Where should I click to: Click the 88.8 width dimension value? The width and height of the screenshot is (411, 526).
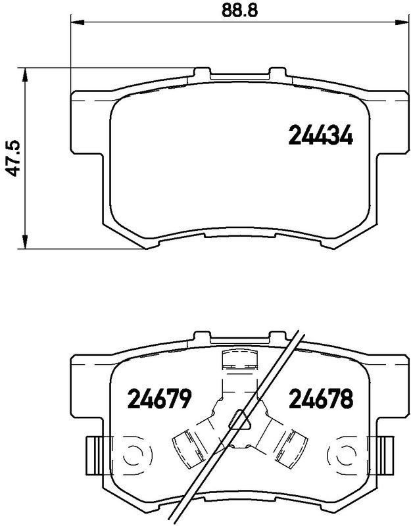point(239,11)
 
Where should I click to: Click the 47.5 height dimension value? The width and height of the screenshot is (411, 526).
point(14,158)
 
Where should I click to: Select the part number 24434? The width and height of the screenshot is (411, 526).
point(321,135)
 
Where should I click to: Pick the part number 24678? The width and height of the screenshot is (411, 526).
point(321,399)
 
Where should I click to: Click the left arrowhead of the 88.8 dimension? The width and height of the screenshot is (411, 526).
point(77,22)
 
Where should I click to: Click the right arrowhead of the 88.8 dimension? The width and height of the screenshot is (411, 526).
point(401,22)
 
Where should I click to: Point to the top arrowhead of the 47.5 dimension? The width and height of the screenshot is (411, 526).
point(24,74)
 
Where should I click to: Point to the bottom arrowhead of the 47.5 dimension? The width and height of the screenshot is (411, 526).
point(24,242)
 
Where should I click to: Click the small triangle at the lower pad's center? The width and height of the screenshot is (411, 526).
point(239,419)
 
